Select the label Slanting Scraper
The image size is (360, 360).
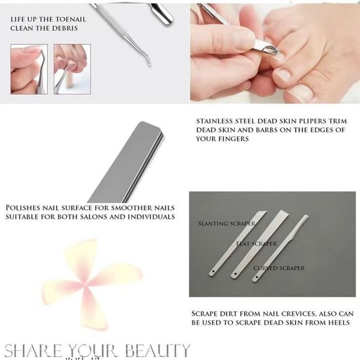coord(218,222)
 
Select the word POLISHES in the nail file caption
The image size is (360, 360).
coord(27,207)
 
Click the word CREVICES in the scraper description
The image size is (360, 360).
coord(297,313)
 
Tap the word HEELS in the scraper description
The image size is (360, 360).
coord(341,322)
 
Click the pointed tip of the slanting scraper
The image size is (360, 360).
coord(265,212)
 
